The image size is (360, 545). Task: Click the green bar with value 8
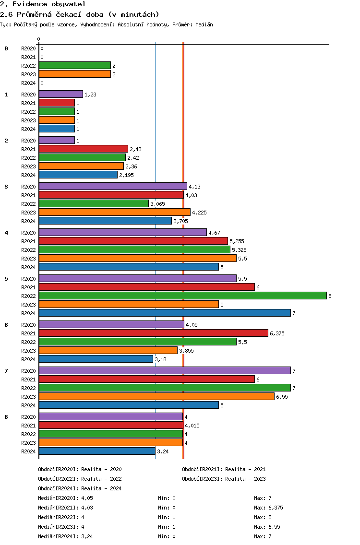(182, 296)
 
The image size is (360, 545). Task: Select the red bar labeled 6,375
(153, 333)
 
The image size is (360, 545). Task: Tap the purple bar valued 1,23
(60, 94)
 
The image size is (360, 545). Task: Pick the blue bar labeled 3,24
(97, 451)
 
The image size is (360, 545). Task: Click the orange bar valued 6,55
(156, 396)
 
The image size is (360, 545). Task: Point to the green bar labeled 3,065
(94, 203)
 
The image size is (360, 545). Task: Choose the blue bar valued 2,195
(78, 175)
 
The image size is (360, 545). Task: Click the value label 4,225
(199, 213)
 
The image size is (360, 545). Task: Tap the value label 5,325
(239, 250)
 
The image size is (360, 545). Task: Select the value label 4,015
(192, 426)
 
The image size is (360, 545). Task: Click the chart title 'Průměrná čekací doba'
(80, 14)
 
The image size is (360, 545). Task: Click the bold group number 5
(6, 279)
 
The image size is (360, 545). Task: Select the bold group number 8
(6, 417)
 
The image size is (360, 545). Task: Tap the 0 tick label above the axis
(39, 39)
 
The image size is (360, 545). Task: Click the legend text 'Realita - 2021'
(245, 469)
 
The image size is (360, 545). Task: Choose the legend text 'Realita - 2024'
(102, 488)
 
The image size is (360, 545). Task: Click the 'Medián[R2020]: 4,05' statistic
(65, 498)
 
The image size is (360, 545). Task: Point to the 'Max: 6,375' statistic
(268, 508)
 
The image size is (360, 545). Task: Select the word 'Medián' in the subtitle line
(204, 24)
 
